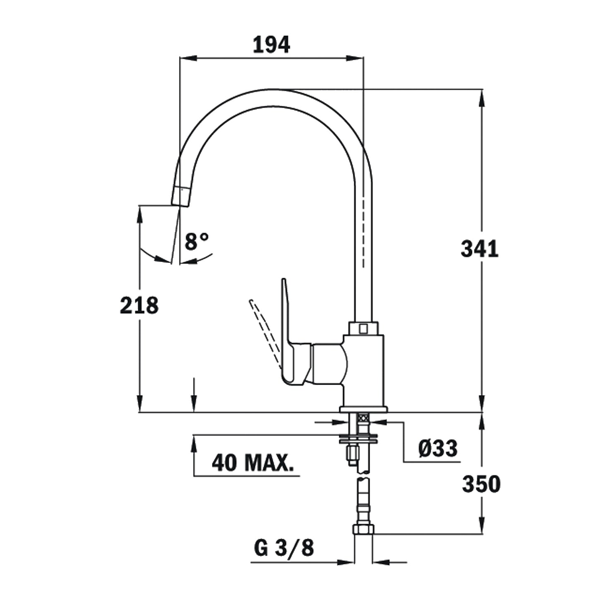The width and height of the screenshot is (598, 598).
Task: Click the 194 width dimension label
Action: coord(271,45)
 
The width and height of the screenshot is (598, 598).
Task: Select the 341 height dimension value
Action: coord(480,249)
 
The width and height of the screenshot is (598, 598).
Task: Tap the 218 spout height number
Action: coord(139,306)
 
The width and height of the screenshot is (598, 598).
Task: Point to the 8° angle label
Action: coord(197,242)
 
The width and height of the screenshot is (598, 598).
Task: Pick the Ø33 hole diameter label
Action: coord(437,448)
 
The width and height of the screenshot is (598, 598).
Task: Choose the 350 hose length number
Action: coord(481,484)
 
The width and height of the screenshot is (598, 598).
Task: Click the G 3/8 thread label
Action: coord(284,548)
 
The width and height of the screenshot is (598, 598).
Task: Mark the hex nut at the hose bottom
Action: coord(363,530)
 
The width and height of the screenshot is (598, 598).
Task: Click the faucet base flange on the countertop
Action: coord(363,409)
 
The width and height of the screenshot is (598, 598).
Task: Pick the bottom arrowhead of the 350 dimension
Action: coord(482,526)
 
